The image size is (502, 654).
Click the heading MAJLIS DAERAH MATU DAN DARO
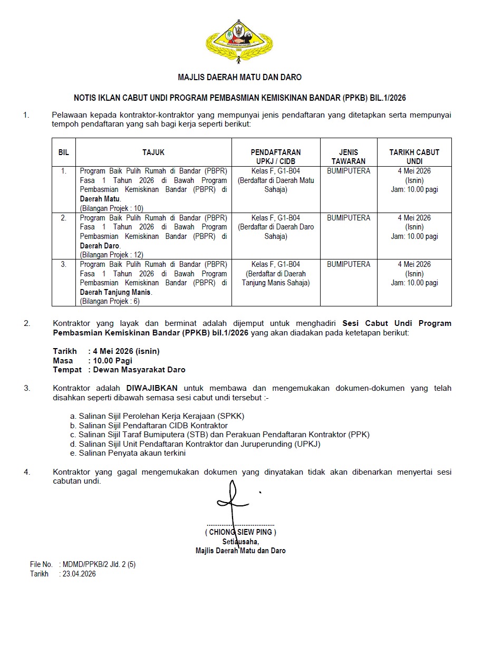click(x=240, y=78)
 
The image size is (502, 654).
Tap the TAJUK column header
click(x=153, y=152)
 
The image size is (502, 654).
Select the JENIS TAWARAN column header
click(x=349, y=157)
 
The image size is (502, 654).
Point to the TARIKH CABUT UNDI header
click(x=414, y=157)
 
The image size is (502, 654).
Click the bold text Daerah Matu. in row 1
click(x=100, y=199)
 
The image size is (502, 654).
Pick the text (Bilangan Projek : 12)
click(x=111, y=255)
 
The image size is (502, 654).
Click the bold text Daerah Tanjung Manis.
click(x=115, y=292)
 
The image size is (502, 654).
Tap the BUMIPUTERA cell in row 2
click(x=349, y=218)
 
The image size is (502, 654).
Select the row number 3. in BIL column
click(x=64, y=264)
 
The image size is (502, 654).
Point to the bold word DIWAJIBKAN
click(x=152, y=388)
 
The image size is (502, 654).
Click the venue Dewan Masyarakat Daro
click(x=139, y=370)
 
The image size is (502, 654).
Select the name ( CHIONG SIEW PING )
click(x=240, y=533)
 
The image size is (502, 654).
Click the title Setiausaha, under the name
click(x=240, y=542)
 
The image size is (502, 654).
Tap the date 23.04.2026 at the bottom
click(x=79, y=574)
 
